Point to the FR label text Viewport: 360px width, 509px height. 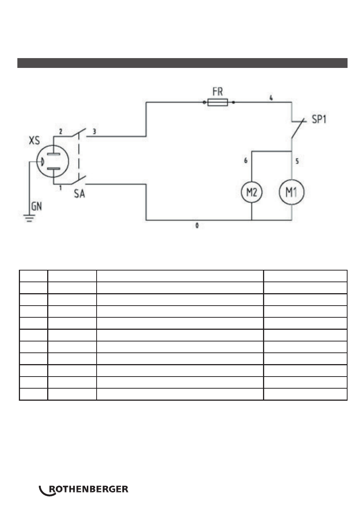click(x=217, y=92)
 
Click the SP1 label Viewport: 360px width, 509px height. click(x=319, y=119)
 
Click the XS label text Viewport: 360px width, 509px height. click(x=34, y=140)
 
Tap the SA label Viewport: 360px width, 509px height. click(x=79, y=194)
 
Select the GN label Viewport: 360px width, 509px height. click(x=37, y=206)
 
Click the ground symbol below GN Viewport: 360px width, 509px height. click(x=29, y=218)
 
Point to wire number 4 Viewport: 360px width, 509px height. click(x=271, y=98)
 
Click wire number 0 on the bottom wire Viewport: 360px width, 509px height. click(x=197, y=226)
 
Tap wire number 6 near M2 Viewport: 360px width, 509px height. click(x=245, y=161)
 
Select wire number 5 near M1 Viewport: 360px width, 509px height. click(x=297, y=161)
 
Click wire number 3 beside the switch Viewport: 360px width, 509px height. click(x=94, y=131)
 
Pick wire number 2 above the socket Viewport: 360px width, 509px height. click(x=60, y=131)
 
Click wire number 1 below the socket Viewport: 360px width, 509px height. click(x=60, y=188)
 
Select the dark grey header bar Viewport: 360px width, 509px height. click(x=182, y=63)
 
